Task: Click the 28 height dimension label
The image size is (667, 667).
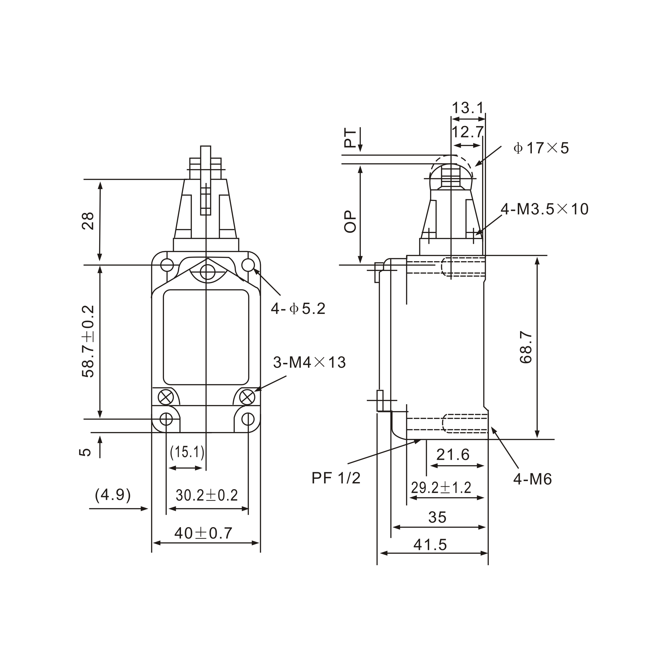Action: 88,221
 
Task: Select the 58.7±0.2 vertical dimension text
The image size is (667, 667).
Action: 88,341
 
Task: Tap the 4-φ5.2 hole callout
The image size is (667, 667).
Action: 298,309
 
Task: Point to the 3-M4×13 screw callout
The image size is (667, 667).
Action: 309,363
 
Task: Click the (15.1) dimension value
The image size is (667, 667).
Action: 187,452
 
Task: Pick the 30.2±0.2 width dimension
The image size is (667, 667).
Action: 207,496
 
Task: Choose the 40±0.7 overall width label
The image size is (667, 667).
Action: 203,533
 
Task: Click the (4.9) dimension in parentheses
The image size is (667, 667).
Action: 113,495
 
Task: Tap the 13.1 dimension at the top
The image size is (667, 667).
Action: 468,108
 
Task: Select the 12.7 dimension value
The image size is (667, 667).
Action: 467,132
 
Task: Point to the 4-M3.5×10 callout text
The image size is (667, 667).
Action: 545,209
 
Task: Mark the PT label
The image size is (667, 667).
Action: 350,138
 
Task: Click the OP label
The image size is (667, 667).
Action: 350,222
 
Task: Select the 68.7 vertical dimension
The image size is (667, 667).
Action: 526,347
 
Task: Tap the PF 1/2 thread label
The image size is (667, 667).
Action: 336,478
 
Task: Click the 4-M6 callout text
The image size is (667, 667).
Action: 532,479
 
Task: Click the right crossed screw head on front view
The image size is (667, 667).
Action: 247,397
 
